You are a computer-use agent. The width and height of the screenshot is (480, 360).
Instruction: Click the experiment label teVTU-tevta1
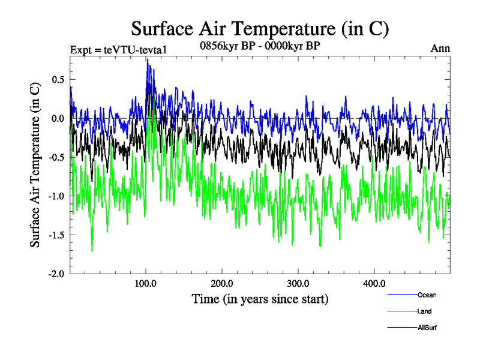(118, 49)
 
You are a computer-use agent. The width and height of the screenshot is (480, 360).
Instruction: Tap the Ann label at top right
(440, 49)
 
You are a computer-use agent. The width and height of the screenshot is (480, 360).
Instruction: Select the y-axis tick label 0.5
(58, 79)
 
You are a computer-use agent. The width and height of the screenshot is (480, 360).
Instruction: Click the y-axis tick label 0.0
(58, 118)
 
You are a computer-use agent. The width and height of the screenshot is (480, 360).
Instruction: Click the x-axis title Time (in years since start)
(260, 298)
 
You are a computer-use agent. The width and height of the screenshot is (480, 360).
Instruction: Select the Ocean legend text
(427, 295)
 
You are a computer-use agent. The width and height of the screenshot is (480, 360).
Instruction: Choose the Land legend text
(424, 311)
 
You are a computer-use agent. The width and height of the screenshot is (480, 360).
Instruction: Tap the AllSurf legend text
(427, 328)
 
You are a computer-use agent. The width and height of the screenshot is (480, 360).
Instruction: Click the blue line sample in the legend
(403, 295)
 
